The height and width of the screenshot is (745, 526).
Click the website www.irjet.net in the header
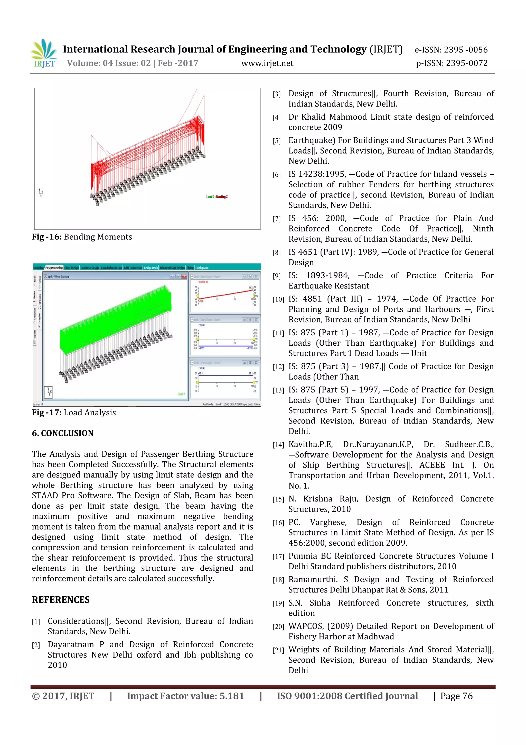pos(267,63)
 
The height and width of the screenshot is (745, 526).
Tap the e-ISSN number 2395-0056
pos(465,50)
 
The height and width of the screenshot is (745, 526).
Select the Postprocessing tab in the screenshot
pos(54,268)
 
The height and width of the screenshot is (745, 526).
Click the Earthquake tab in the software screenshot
pos(202,268)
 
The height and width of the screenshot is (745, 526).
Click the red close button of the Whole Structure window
pos(184,276)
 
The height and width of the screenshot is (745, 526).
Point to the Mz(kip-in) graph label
pos(203,282)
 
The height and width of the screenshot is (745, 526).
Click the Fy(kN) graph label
pos(201,325)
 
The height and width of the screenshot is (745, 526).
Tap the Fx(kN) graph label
pos(201,368)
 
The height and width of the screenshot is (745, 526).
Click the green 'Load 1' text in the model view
pos(181,394)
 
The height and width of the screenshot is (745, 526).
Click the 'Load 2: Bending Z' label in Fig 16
pos(217,197)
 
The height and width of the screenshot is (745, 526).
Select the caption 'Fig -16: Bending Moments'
pos(82,237)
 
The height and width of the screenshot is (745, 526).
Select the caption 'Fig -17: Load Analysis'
pos(74,412)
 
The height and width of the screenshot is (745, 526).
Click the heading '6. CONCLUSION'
pos(63,433)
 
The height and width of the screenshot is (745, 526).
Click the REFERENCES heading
pos(61,600)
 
